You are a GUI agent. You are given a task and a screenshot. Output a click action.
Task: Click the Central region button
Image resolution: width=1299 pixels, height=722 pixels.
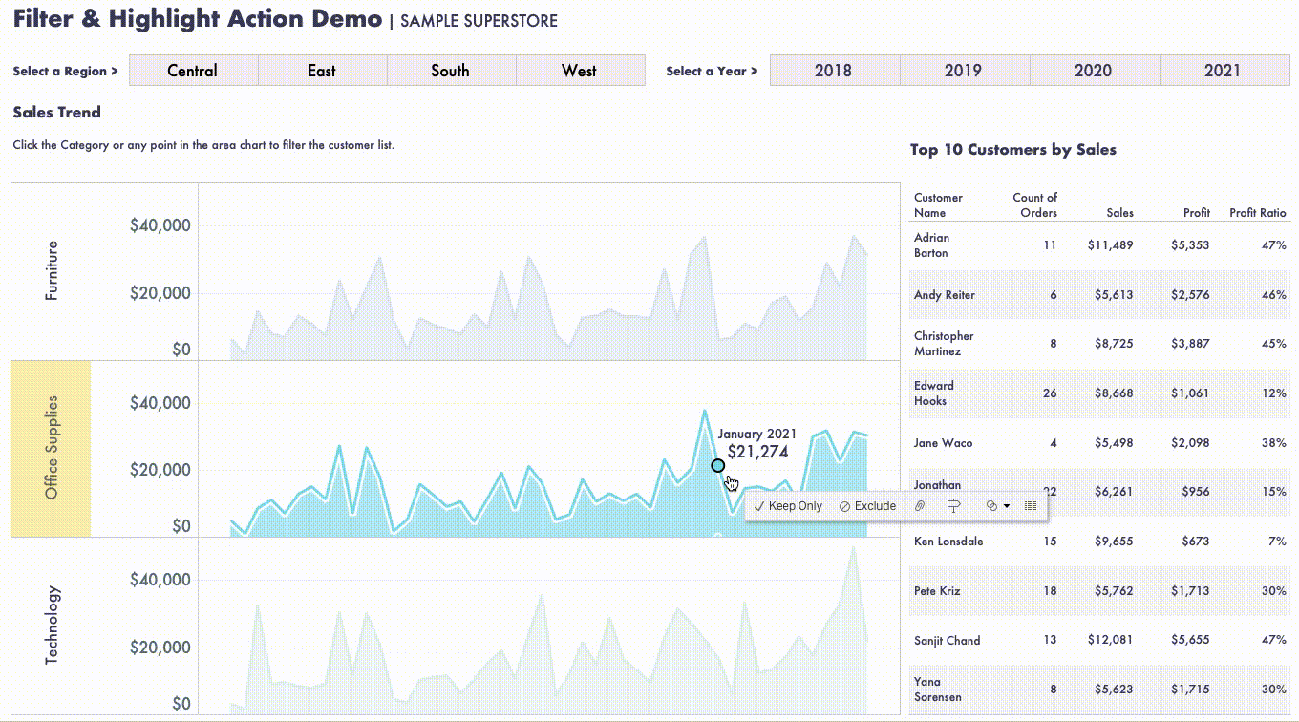pos(193,71)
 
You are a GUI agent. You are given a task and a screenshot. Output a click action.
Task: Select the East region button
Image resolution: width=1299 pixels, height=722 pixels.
pos(322,71)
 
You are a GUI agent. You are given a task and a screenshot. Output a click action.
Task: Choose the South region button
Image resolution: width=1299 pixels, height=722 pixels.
pos(450,71)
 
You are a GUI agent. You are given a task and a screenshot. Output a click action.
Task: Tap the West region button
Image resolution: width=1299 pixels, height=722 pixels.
pos(579,71)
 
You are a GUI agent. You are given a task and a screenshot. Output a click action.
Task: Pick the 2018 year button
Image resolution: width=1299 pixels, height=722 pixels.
pos(833,71)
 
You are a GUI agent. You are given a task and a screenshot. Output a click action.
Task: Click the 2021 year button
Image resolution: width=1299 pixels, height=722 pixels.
pos(1223,71)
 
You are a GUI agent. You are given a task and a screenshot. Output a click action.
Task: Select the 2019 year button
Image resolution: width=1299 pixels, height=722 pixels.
pos(963,71)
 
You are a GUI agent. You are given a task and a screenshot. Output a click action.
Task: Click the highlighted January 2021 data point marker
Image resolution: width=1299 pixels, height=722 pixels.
pos(718,466)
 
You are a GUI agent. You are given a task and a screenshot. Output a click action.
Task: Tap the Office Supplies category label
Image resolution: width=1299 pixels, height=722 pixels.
pos(52,447)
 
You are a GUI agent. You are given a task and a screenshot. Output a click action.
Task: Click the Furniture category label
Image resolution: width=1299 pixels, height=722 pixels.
pos(52,271)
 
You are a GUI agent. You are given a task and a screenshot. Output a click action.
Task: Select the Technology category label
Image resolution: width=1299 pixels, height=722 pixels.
pos(52,625)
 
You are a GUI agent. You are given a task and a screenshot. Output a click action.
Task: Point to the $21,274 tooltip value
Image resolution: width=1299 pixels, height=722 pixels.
pos(757,453)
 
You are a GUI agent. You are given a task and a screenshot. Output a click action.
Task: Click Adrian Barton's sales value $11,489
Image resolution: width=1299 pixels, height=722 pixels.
pos(1110,245)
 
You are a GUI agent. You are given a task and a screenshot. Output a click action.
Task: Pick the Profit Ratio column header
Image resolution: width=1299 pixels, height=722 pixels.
pos(1257,213)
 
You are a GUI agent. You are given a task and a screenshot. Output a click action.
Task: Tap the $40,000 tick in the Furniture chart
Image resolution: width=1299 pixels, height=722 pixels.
pos(160,226)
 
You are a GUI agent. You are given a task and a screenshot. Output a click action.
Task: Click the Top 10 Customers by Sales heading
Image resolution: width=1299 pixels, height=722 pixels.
pos(1012,150)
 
